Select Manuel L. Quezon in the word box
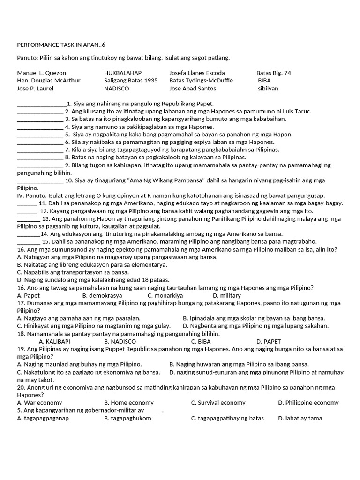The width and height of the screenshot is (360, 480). pyautogui.click(x=42, y=73)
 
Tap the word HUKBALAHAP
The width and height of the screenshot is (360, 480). pyautogui.click(x=123, y=73)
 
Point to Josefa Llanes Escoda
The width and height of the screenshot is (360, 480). pyautogui.click(x=197, y=73)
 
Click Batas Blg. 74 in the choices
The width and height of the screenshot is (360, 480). pyautogui.click(x=274, y=73)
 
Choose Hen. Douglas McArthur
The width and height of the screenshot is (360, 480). pyautogui.click(x=49, y=81)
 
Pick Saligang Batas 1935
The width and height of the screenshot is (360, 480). pyautogui.click(x=131, y=81)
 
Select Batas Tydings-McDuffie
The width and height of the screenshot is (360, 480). pyautogui.click(x=201, y=81)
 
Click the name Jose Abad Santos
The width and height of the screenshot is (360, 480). pyautogui.click(x=193, y=88)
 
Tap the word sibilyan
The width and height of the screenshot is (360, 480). pyautogui.click(x=268, y=88)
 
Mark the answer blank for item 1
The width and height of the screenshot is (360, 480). pyautogui.click(x=42, y=104)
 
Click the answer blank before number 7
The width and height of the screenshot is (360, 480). pyautogui.click(x=40, y=150)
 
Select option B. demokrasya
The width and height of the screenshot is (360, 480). pyautogui.click(x=102, y=295)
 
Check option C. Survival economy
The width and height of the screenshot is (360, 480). pyautogui.click(x=218, y=402)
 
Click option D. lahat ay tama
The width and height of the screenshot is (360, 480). pyautogui.click(x=300, y=418)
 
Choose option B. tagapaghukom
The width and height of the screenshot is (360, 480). pyautogui.click(x=127, y=418)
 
